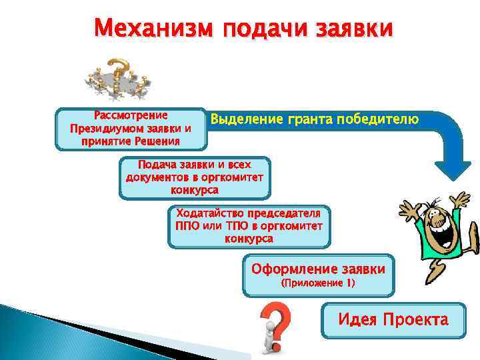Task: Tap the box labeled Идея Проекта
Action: coord(393,320)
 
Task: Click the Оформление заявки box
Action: coord(318,275)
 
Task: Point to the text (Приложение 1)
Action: coord(318,283)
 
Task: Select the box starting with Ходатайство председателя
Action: coord(248,226)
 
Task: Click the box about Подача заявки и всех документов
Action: coord(195,177)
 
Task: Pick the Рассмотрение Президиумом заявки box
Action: coord(131,128)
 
